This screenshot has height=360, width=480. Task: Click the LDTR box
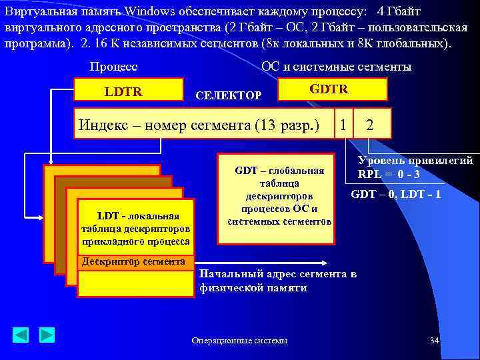point(128,90)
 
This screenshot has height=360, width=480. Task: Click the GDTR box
point(331,89)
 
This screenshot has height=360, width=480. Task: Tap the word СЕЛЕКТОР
point(228,96)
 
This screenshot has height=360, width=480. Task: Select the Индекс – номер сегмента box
point(203,124)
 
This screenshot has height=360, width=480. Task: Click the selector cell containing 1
point(343,124)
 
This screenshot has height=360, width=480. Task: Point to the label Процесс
point(113,67)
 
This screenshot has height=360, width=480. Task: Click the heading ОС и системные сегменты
point(337,67)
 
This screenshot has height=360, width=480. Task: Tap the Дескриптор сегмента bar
point(135,261)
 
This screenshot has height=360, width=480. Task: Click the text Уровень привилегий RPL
point(415,167)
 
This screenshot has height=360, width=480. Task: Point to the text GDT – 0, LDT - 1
point(395,195)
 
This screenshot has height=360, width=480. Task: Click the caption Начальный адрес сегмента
point(278,281)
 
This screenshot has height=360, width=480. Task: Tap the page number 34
point(434,341)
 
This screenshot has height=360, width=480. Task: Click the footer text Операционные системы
point(239,341)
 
